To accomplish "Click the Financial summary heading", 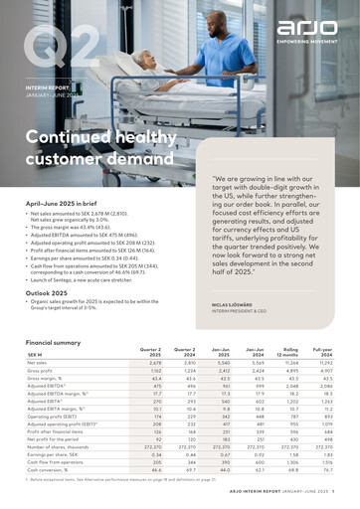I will click(59, 342).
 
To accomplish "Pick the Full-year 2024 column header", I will click(323, 355).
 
